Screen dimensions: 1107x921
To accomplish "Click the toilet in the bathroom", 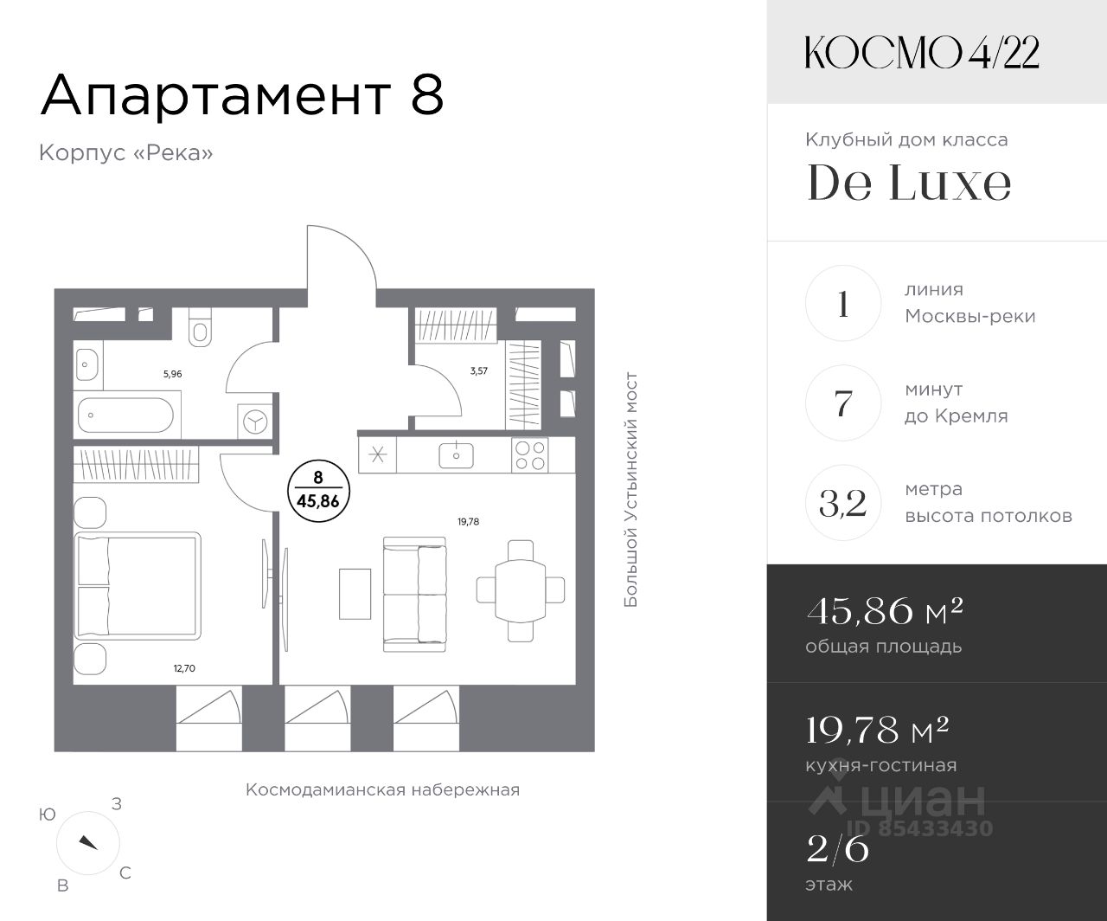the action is (200, 327).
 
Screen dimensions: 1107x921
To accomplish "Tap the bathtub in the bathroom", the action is (126, 415).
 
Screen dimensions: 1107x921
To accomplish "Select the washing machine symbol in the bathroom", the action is (254, 422).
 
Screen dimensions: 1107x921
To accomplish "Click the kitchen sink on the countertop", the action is (456, 454).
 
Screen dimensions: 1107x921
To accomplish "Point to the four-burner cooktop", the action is (530, 455).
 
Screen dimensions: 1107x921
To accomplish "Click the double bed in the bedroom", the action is (138, 586).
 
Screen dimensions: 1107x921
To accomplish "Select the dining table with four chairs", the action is (520, 590).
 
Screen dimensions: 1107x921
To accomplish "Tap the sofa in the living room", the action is (414, 594).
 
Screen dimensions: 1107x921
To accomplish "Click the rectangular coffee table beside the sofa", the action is (355, 594).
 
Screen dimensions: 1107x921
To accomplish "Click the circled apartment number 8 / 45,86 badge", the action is (318, 491).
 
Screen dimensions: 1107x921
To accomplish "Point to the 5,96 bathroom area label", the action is (172, 374).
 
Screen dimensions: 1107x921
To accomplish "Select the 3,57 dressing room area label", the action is (479, 370).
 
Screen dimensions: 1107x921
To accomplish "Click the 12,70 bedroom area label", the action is (184, 668).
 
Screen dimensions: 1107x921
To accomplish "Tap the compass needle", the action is (88, 843).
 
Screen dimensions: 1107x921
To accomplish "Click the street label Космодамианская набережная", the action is (382, 790).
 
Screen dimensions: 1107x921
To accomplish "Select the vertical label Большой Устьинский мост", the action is (630, 489).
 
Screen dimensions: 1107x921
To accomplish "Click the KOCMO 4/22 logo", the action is (922, 53).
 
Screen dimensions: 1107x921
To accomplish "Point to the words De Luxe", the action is (909, 182).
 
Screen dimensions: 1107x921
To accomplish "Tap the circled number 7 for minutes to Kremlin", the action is (843, 403).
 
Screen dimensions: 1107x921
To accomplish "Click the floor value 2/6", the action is (838, 849).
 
